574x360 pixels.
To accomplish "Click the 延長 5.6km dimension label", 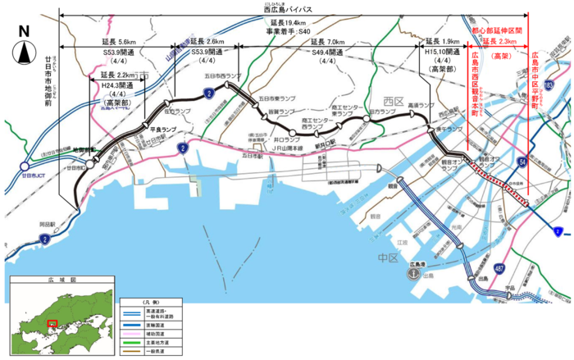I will click(121, 42).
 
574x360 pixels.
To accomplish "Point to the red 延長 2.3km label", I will click(500, 41).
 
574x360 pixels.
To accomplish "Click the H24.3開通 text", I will click(116, 85).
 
